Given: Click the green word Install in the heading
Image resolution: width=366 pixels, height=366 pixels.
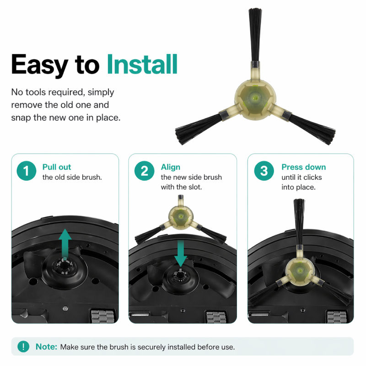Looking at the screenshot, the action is (142, 64).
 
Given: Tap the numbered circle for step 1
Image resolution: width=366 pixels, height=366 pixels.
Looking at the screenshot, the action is (27, 171).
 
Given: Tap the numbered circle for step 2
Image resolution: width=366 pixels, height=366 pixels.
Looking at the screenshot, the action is (144, 171).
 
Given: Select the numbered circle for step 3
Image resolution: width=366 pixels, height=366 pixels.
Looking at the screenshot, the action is (264, 171).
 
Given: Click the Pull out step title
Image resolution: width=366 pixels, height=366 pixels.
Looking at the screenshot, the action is (56, 167).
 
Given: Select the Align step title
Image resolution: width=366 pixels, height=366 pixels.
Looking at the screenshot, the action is (170, 167).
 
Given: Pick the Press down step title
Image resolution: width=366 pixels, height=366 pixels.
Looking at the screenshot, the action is (303, 167).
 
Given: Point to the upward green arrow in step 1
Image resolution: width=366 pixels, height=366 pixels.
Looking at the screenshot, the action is (65, 243).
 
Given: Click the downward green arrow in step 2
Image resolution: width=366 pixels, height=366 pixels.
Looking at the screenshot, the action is (181, 254).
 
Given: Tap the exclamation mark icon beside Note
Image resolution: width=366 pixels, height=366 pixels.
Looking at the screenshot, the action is (23, 347).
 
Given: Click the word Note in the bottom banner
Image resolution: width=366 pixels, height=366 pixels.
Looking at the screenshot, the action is (46, 347).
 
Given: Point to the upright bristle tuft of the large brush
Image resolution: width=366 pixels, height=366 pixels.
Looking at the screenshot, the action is (255, 35).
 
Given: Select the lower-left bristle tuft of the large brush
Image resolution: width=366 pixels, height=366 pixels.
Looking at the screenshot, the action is (199, 128).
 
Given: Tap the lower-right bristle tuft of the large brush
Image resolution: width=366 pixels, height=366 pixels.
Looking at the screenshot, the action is (312, 128).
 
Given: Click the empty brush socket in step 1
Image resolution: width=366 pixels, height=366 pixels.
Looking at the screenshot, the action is (65, 267).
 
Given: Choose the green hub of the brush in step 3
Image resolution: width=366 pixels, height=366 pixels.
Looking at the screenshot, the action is (300, 270).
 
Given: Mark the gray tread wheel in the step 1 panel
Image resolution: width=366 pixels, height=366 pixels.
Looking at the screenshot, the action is (102, 317).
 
